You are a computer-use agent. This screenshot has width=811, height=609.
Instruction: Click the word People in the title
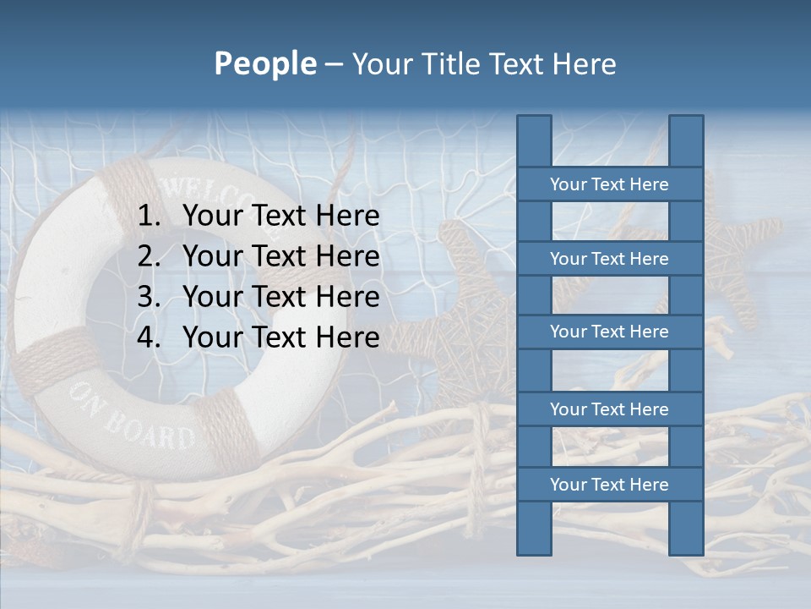pyautogui.click(x=264, y=63)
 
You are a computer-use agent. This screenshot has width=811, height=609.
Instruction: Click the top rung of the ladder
pyautogui.click(x=609, y=184)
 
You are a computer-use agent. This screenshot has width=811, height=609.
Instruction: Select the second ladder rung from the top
pyautogui.click(x=609, y=259)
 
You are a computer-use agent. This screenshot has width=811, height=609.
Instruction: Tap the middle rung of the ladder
pyautogui.click(x=609, y=332)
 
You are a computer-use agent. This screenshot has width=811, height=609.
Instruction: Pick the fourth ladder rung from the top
pyautogui.click(x=609, y=409)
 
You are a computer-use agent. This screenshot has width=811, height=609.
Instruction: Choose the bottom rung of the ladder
pyautogui.click(x=609, y=485)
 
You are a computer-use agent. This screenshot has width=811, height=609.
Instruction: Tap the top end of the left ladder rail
pyautogui.click(x=534, y=120)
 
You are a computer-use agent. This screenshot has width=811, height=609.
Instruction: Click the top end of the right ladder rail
pyautogui.click(x=686, y=120)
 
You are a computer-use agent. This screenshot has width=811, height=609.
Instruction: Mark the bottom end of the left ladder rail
pyautogui.click(x=534, y=550)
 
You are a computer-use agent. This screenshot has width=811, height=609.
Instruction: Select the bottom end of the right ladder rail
pyautogui.click(x=686, y=550)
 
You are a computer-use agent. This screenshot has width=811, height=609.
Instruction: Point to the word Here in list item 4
pyautogui.click(x=347, y=337)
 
